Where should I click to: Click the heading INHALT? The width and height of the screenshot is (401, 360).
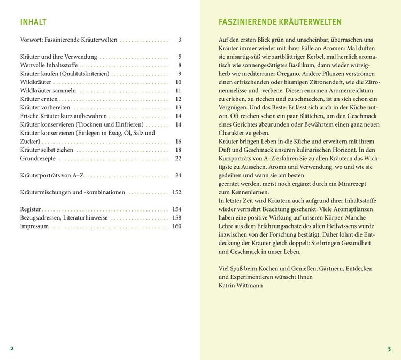pos(33,22)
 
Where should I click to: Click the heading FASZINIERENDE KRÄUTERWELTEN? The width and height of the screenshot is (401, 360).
pos(280,22)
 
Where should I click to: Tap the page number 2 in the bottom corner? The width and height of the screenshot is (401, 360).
pos(12,348)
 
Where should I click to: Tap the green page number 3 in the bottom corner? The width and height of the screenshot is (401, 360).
pos(389,349)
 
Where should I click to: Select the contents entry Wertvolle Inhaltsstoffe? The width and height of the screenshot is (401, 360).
pos(49,65)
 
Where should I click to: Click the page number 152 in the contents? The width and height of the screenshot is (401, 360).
pos(176,192)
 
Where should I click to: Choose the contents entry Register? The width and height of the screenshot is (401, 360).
pos(30,209)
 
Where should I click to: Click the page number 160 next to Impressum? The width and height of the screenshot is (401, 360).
pos(176,226)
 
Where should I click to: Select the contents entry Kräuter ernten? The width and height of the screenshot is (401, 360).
pos(38,99)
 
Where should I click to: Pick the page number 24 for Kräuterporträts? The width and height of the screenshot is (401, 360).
pos(178,175)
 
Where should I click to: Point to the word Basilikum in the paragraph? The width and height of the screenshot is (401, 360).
pos(289,65)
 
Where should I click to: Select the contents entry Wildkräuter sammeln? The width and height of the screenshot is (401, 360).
pos(48,91)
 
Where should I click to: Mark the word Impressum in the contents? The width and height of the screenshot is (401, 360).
pos(34,226)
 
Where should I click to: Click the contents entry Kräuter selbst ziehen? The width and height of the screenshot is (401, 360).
pos(47,150)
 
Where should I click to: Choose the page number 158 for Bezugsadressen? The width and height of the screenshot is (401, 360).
pos(176,218)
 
